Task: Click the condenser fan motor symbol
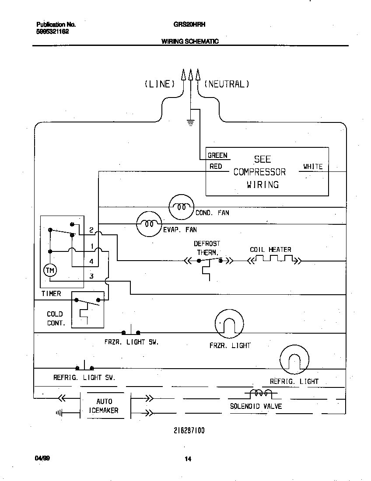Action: click(181, 207)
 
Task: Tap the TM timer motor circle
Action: click(50, 271)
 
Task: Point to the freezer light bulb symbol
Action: click(228, 324)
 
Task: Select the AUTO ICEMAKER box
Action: click(104, 406)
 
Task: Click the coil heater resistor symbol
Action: click(274, 261)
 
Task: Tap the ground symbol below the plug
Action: click(190, 123)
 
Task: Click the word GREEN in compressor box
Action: click(217, 155)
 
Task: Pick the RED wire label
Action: click(216, 166)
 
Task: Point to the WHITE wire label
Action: click(313, 166)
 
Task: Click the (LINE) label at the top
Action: click(160, 84)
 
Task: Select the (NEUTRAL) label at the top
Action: click(227, 84)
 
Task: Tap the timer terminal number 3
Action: click(91, 276)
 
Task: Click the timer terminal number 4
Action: click(91, 261)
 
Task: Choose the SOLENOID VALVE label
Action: click(256, 406)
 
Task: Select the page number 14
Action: click(188, 459)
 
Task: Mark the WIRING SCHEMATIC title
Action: click(190, 42)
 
